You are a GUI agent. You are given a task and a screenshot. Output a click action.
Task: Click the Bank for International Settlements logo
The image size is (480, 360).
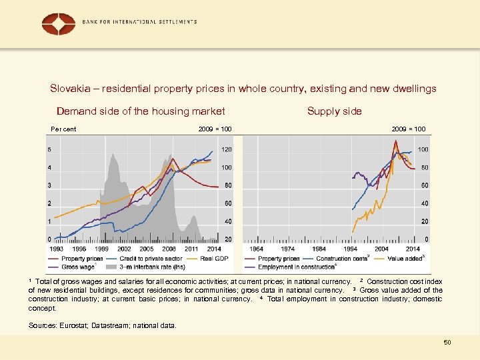point(59,24)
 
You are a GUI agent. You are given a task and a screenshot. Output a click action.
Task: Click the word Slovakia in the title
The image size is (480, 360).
point(70,88)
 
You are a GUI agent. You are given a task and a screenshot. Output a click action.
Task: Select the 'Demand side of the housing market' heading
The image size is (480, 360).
point(141,111)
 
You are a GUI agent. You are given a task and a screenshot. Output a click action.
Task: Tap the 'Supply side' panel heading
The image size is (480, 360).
point(334,111)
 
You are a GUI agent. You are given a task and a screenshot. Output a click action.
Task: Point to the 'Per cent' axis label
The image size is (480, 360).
point(64,129)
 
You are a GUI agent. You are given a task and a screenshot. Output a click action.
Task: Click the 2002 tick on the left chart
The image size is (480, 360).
point(124,249)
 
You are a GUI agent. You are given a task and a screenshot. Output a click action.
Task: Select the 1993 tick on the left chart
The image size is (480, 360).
point(57,249)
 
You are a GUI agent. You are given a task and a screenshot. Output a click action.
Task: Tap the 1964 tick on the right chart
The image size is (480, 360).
point(256,249)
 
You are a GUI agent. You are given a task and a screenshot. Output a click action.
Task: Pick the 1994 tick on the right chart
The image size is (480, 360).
point(350,249)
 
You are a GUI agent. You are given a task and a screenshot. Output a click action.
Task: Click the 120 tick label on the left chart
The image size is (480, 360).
point(227,149)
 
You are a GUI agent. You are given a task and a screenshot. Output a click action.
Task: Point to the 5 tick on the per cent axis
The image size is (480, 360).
point(49,149)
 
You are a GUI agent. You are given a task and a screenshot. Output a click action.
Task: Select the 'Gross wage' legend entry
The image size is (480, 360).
point(78,267)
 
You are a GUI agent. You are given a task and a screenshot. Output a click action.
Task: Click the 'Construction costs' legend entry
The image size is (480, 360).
point(341,258)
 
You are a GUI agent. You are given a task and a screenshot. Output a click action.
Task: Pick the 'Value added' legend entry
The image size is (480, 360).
point(405,258)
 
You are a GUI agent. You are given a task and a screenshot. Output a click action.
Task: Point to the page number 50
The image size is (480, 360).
point(447,342)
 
